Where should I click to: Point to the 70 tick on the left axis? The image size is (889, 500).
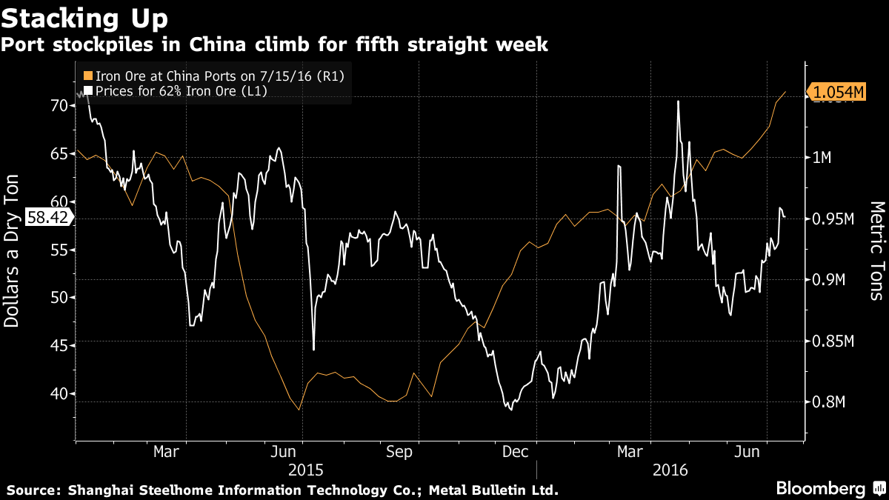pos(59,105)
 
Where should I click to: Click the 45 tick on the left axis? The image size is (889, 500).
pos(59,346)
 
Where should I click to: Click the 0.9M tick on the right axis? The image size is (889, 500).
pos(828,280)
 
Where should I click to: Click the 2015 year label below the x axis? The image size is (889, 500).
pos(305,470)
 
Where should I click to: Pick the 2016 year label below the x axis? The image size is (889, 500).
pos(672,470)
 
